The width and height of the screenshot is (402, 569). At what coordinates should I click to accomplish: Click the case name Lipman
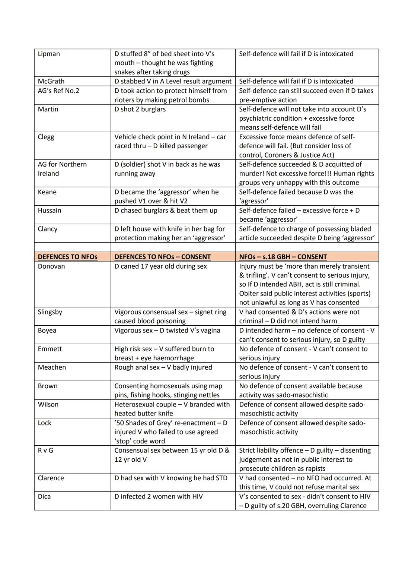[x=49, y=54]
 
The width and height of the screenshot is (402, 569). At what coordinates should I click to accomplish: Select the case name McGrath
[x=51, y=81]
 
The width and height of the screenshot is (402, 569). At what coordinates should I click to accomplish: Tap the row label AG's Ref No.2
[x=58, y=91]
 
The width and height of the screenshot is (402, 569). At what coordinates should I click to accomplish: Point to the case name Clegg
[x=46, y=137]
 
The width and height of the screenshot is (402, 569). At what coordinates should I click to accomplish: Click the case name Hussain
[x=50, y=211]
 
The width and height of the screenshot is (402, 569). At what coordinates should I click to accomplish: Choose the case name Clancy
[x=48, y=229]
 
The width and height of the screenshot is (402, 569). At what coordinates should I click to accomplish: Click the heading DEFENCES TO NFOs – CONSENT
[x=162, y=257]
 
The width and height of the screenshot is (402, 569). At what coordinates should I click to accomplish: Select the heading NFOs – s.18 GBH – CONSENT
[x=283, y=257]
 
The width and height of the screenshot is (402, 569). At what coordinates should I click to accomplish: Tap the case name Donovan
[x=51, y=266]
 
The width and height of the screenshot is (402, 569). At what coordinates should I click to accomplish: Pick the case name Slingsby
[x=50, y=312]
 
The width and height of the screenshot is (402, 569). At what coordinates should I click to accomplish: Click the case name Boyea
[x=47, y=331]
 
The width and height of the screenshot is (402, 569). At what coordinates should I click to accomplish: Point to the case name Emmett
[x=50, y=349]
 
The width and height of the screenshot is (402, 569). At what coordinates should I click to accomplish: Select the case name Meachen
[x=52, y=367]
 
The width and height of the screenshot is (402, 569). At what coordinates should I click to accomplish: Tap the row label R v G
[x=45, y=451]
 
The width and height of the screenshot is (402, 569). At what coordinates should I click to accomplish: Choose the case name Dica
[x=44, y=497]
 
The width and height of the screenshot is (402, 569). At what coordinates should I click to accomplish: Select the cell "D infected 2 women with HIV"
[x=159, y=497]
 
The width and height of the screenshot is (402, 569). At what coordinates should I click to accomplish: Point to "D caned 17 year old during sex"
[x=160, y=266]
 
